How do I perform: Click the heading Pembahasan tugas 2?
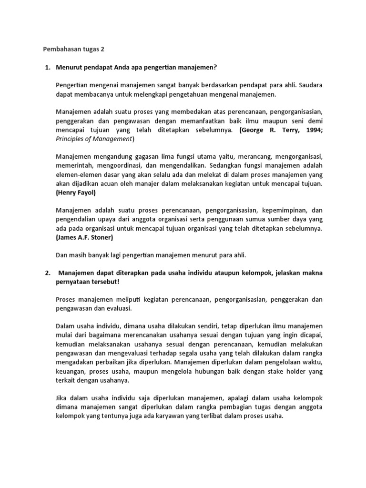coord(74,49)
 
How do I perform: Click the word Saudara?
coord(310,85)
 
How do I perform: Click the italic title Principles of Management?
coord(94,139)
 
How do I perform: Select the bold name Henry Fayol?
coord(76,193)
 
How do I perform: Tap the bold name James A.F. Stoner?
coord(83,237)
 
